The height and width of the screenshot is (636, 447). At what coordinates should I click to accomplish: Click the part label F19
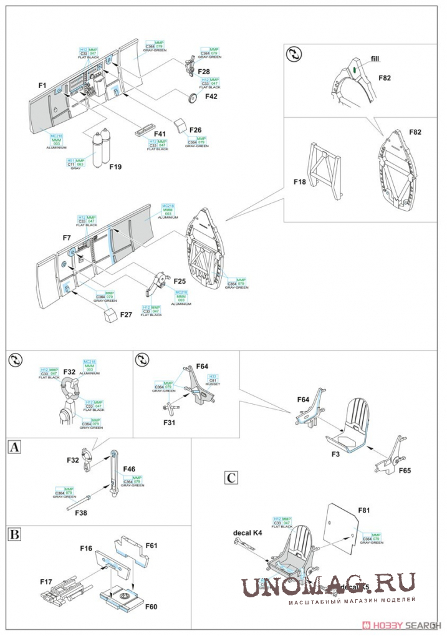click(115, 167)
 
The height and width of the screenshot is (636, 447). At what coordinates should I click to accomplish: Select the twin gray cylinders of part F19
click(100, 148)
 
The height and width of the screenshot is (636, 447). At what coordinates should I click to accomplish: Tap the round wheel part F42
click(193, 98)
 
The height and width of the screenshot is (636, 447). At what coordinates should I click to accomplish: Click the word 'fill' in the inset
click(375, 59)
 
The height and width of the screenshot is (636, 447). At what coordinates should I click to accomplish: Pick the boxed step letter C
click(231, 478)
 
